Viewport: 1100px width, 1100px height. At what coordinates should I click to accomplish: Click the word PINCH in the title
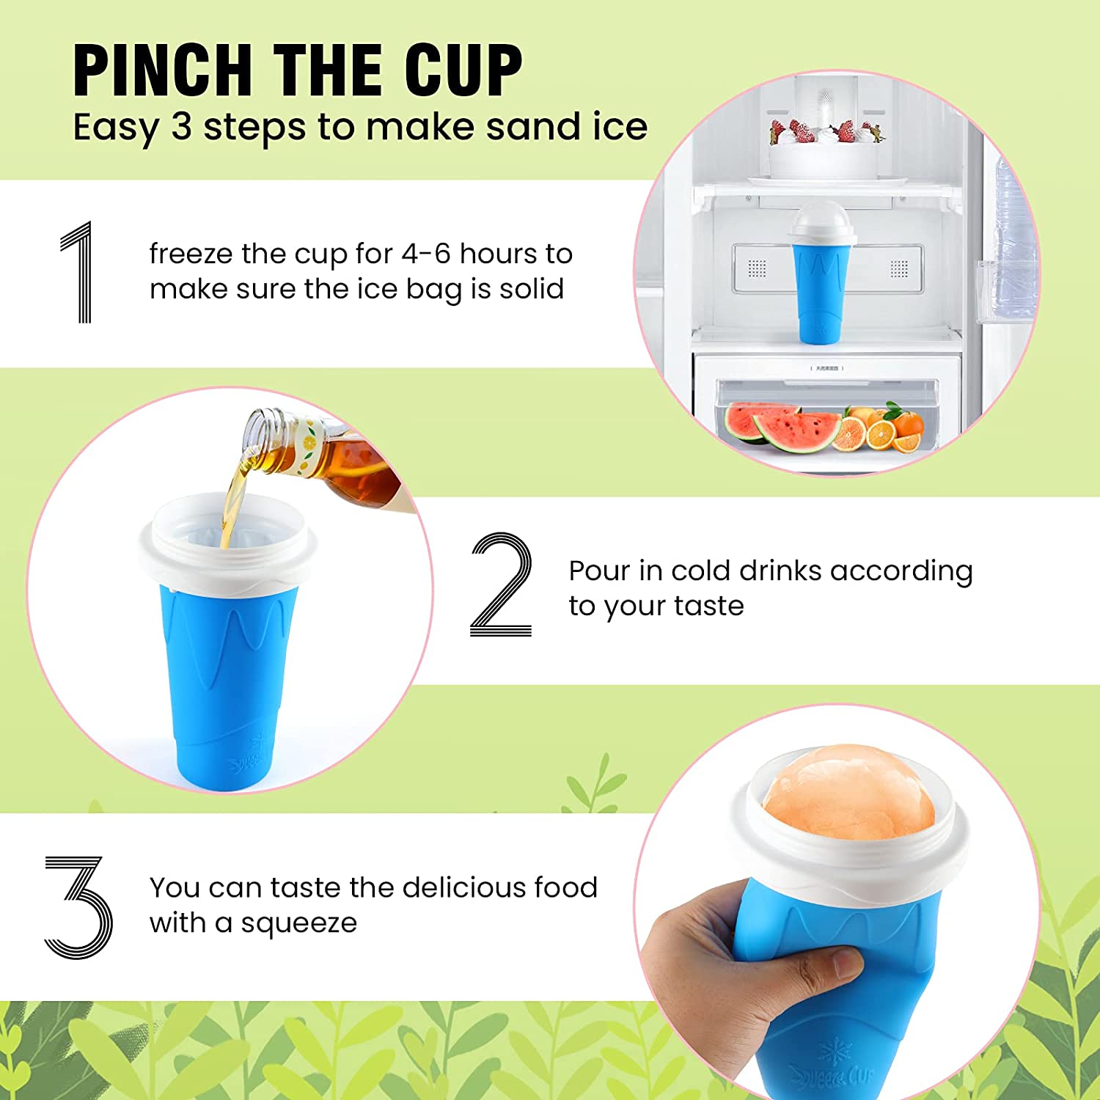point(162,70)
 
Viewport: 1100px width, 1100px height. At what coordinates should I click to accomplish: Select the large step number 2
point(501,584)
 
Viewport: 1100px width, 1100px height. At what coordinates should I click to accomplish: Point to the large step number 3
point(78,906)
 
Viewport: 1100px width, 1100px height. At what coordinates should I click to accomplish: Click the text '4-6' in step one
point(425,254)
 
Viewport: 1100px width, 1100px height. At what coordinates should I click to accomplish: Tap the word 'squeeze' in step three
point(298,923)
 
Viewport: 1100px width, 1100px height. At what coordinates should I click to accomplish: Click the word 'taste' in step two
point(708,606)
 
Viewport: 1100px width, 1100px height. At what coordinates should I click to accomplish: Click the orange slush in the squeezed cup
point(849,792)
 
